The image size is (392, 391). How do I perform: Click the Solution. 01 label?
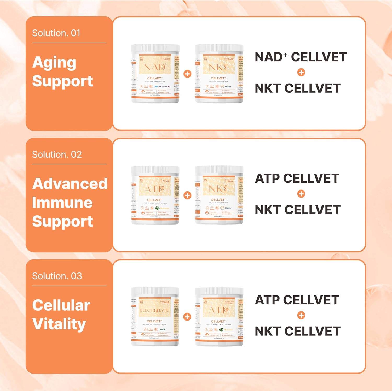click(56, 33)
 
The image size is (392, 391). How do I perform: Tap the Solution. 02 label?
click(57, 155)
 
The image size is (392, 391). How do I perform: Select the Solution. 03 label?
click(57, 276)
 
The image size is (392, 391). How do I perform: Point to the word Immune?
click(62, 203)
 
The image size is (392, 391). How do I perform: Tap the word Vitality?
click(59, 324)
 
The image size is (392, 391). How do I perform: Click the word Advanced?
click(70, 184)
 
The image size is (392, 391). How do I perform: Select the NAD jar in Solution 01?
click(155, 74)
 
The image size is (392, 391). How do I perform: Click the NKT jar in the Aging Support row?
click(219, 74)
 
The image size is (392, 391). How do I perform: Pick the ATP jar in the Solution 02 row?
click(155, 195)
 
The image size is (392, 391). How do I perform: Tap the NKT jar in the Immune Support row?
click(219, 195)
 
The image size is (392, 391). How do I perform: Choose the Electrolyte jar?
click(155, 317)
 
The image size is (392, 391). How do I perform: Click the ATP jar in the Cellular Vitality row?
click(219, 317)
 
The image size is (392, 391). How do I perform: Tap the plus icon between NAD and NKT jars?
click(187, 74)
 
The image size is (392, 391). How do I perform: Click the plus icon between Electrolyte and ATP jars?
click(187, 317)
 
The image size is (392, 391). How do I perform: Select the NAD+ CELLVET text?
click(301, 57)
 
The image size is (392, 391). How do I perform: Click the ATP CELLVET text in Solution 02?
click(297, 179)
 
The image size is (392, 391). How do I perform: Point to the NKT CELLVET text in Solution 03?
click(298, 331)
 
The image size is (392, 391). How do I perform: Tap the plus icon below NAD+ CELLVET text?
click(301, 72)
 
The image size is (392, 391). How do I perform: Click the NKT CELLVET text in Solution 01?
click(298, 88)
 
